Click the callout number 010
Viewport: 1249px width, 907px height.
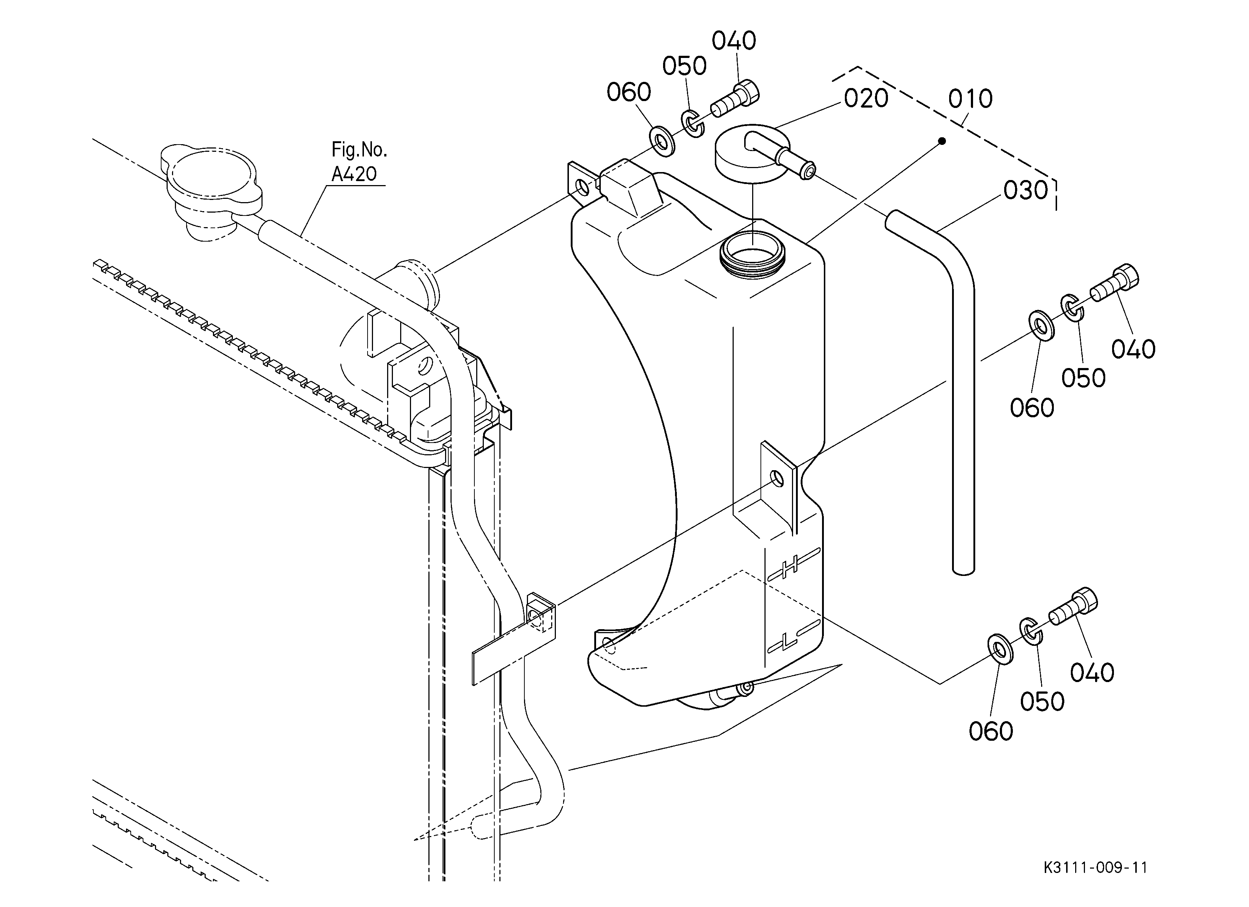click(x=971, y=99)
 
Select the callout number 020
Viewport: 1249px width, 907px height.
click(x=866, y=99)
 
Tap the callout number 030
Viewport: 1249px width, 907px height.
click(x=1026, y=191)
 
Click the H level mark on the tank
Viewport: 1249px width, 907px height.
click(x=793, y=564)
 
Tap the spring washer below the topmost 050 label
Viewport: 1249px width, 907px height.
click(x=693, y=124)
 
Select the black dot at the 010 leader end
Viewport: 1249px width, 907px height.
click(x=942, y=141)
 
